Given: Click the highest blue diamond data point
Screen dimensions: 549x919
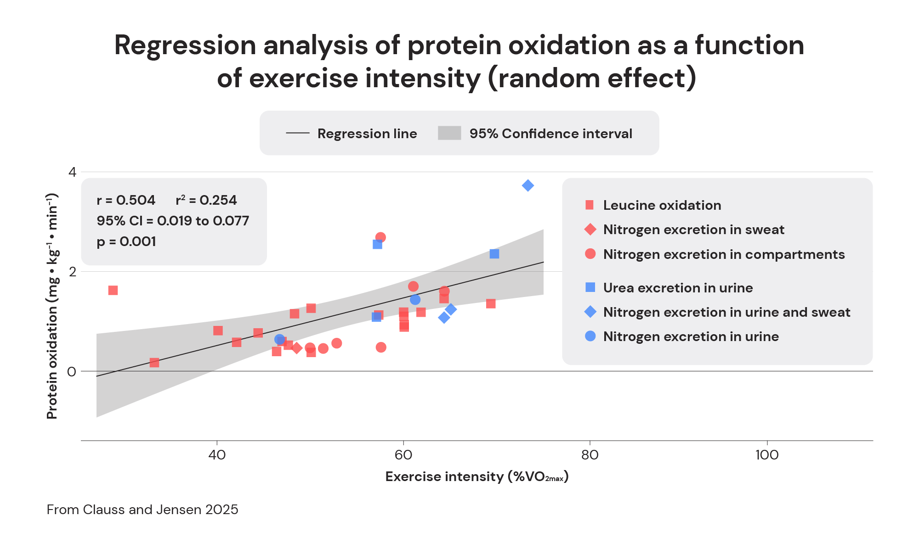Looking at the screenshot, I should click(528, 185).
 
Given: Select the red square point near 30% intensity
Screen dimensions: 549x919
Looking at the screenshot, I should click(113, 290).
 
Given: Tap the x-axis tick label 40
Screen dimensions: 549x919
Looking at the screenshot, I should click(217, 455).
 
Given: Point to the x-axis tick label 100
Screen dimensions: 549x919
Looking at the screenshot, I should click(767, 455).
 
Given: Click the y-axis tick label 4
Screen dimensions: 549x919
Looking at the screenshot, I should click(72, 172).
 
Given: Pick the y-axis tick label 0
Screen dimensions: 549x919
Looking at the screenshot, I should click(72, 371).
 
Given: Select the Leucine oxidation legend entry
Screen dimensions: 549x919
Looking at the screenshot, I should click(662, 205).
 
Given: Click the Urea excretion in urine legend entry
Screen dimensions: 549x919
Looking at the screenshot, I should click(678, 288).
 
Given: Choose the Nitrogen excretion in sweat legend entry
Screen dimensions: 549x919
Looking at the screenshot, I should click(693, 230).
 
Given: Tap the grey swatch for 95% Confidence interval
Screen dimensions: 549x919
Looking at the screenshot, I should click(449, 133).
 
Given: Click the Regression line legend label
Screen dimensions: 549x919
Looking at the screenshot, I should click(367, 134).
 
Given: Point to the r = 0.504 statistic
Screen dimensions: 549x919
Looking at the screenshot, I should click(126, 200).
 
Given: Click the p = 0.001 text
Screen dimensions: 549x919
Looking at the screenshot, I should click(126, 241).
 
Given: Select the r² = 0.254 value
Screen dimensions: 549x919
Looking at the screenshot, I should click(206, 200).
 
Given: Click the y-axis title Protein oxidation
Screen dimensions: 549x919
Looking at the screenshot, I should click(52, 306).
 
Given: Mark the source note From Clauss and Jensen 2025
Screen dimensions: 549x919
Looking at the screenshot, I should click(142, 510).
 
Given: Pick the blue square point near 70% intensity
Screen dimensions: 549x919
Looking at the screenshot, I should click(494, 254).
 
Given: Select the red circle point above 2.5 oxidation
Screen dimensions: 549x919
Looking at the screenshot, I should click(380, 237).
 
